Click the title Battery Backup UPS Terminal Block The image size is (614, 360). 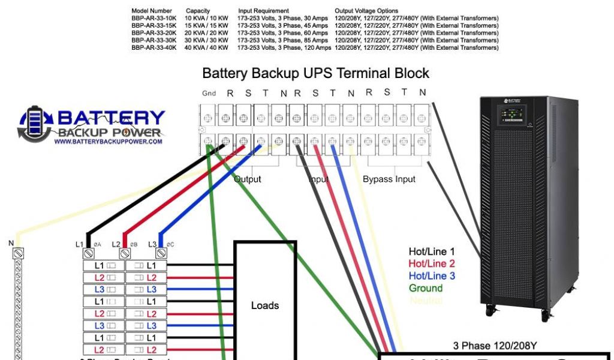pos(315,74)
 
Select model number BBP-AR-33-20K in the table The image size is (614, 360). pos(154,33)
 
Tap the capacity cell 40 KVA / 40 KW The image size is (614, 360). pos(207,47)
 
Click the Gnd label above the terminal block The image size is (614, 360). pos(209,94)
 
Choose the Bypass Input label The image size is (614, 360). pos(389,179)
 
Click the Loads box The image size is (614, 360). pos(265,305)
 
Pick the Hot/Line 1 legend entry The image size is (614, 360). pos(432,252)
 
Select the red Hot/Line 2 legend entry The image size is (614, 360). pos(432,264)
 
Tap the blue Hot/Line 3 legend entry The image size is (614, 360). pos(432,276)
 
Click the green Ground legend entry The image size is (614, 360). pos(426,288)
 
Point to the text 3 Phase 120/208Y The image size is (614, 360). pos(495,346)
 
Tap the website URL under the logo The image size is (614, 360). pos(108,142)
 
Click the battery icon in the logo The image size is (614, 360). pos(37,124)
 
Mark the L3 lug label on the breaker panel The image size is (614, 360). pos(152,244)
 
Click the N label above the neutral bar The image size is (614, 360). pos(11,243)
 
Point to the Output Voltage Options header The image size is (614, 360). pos(366,11)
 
